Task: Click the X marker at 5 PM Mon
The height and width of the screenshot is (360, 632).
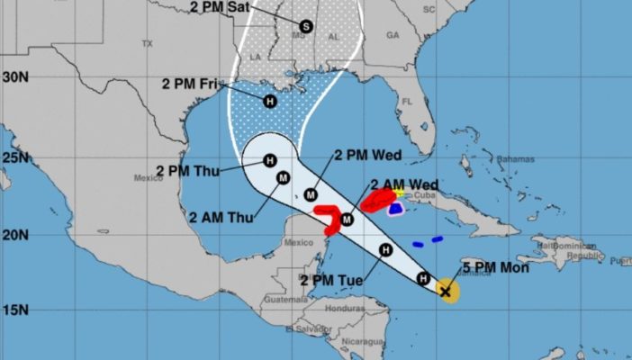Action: click(x=446, y=291)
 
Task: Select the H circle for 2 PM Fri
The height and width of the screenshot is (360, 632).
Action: click(x=269, y=101)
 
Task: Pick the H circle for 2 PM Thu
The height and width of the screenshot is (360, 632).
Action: click(x=269, y=161)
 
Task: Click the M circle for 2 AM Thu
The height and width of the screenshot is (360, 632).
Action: click(x=283, y=177)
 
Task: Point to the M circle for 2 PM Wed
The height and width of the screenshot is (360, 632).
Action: click(x=311, y=193)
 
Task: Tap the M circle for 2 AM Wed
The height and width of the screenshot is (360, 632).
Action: click(x=346, y=217)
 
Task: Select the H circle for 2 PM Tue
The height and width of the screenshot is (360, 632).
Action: click(x=385, y=250)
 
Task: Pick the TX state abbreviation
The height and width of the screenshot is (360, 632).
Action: click(x=148, y=43)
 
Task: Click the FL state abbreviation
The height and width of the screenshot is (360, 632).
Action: click(x=406, y=101)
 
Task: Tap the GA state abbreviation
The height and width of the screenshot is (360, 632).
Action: click(x=392, y=35)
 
